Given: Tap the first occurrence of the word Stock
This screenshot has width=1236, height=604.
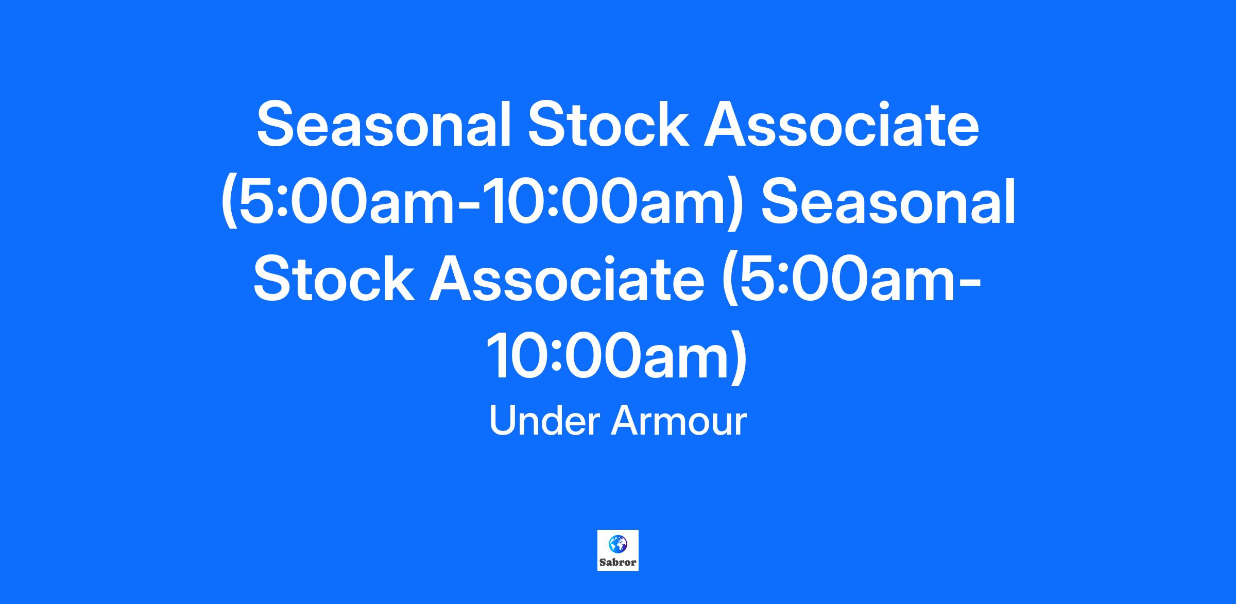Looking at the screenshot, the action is click(x=608, y=124).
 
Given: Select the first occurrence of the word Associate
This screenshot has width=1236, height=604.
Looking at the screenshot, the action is click(x=842, y=124).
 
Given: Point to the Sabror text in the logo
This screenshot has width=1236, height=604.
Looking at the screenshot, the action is click(x=617, y=562).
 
